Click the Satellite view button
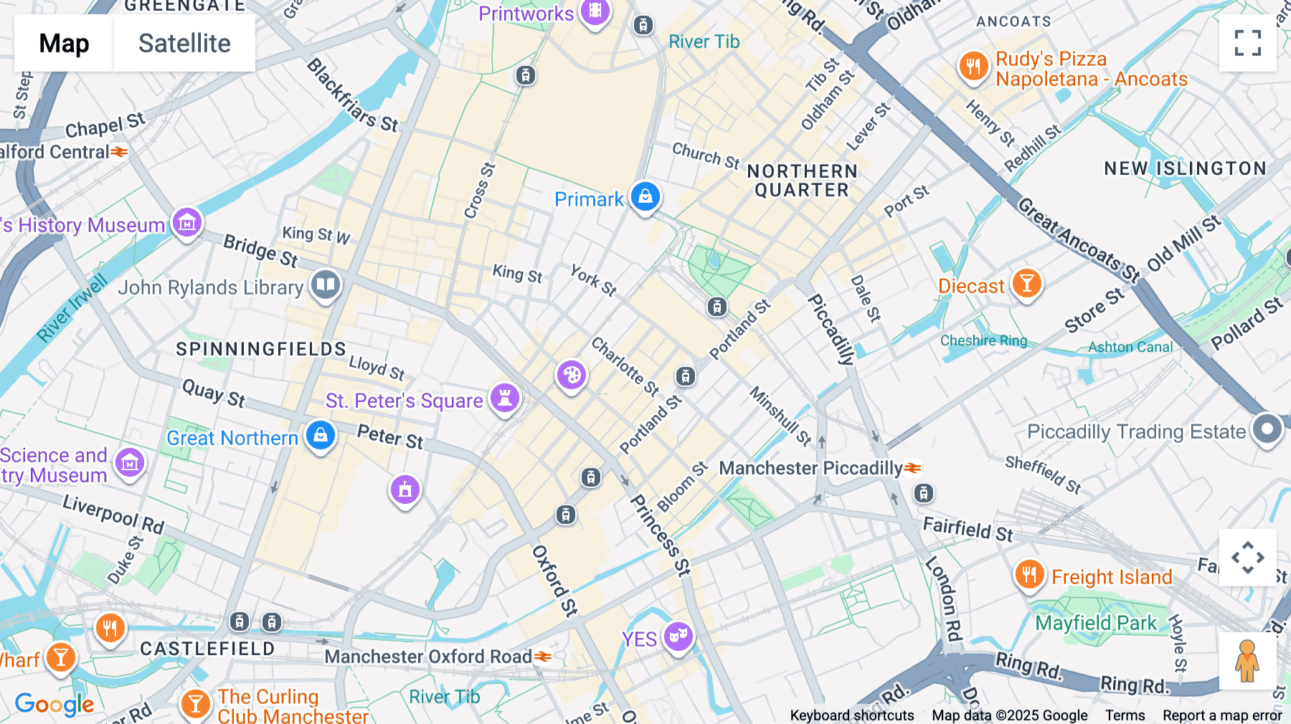coord(184,43)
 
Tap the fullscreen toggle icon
coord(1247,43)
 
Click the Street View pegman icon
coord(1247,661)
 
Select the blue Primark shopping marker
coord(645,196)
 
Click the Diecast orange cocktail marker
coord(1026,284)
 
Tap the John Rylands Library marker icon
coord(326,285)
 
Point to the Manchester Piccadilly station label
coord(810,468)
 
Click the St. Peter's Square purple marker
coord(505,397)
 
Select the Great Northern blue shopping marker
coord(321,435)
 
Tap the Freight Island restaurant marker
coord(1029,575)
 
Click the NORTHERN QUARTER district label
coord(802,181)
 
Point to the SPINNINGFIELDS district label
coord(261,349)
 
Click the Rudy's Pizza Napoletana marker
coord(973,67)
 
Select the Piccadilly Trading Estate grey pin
coord(1267,429)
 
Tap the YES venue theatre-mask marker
coord(678,635)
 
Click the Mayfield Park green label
coord(1096,623)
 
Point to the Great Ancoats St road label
coord(1079,240)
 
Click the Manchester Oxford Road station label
coord(428,657)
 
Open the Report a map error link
coord(1221,715)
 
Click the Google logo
coord(55,705)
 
